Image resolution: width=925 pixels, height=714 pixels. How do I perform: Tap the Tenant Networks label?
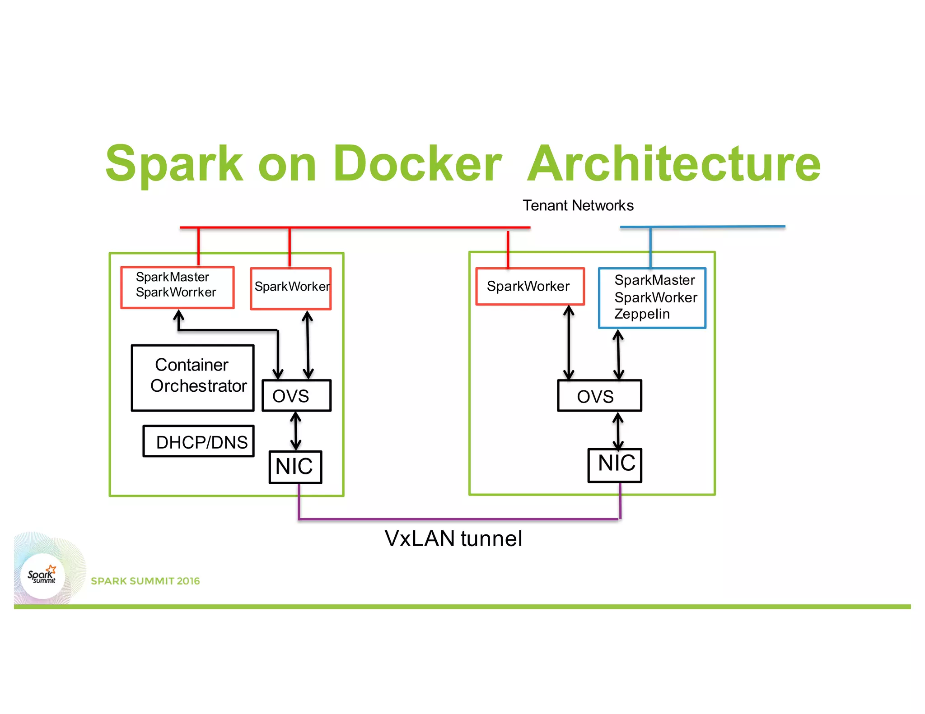(578, 205)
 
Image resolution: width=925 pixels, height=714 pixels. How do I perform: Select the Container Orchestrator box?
(193, 378)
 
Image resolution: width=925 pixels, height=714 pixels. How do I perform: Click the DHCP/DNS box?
(199, 441)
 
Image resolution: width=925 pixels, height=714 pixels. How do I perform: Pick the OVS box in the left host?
(296, 396)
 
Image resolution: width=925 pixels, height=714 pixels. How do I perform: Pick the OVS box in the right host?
(599, 396)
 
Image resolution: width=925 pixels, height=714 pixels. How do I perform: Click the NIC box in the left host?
(295, 467)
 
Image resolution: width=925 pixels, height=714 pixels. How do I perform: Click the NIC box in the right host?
(615, 465)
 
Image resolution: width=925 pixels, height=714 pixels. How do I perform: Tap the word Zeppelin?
(641, 314)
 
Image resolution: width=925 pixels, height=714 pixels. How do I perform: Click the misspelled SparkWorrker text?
(176, 292)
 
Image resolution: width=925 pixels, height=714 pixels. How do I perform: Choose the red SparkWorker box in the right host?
(529, 287)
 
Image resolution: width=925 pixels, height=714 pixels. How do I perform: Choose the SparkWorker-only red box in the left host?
(291, 289)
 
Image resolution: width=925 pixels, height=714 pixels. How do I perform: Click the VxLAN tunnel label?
(453, 538)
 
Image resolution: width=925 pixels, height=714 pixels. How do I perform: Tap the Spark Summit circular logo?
(43, 575)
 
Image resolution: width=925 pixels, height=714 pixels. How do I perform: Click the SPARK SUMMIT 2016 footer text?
(145, 581)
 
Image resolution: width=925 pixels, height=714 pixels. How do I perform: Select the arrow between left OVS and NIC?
(296, 431)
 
